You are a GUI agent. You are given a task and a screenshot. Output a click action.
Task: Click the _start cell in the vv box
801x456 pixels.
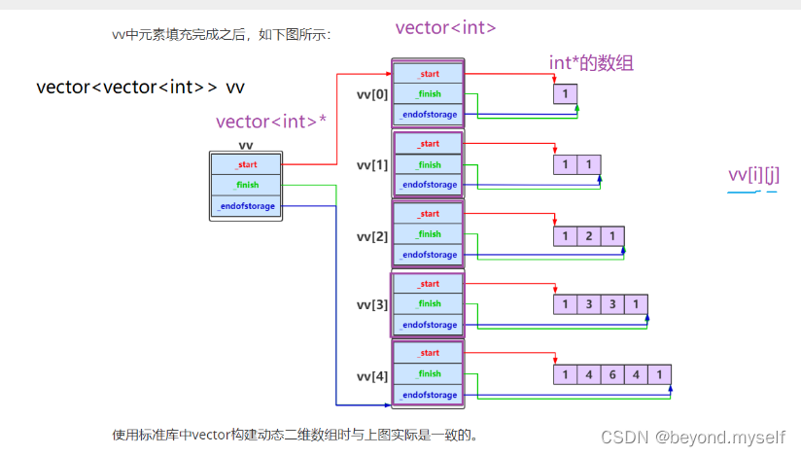[246, 164]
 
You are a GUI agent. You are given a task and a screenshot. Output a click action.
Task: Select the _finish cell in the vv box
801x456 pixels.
[246, 185]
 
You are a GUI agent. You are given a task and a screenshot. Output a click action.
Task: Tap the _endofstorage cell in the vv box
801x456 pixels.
[246, 206]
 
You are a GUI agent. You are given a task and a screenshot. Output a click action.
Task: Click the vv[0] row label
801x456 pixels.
[372, 94]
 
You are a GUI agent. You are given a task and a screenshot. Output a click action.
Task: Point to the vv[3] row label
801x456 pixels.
[372, 304]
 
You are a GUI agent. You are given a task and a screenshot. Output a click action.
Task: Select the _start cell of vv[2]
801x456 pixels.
[429, 214]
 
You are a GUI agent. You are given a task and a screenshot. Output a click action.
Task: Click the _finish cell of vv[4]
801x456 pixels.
[429, 373]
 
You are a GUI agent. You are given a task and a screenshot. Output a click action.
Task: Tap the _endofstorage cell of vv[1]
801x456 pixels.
[429, 185]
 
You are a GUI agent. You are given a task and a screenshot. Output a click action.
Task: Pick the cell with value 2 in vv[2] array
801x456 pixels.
[588, 236]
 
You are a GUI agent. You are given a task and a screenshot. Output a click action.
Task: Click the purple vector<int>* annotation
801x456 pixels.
[270, 122]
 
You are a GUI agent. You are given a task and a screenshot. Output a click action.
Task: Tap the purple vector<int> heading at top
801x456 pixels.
[445, 28]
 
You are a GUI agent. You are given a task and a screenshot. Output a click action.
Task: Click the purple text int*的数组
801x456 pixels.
[591, 64]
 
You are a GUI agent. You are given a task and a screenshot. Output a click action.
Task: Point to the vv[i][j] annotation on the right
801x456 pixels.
[753, 175]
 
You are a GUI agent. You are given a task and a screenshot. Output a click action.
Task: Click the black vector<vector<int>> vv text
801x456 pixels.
[140, 88]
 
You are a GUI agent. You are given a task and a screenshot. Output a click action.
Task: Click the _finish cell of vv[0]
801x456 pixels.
[429, 94]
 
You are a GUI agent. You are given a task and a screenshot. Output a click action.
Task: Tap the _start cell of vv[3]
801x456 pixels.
[429, 284]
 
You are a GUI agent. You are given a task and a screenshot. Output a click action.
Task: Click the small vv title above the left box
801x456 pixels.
[245, 146]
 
